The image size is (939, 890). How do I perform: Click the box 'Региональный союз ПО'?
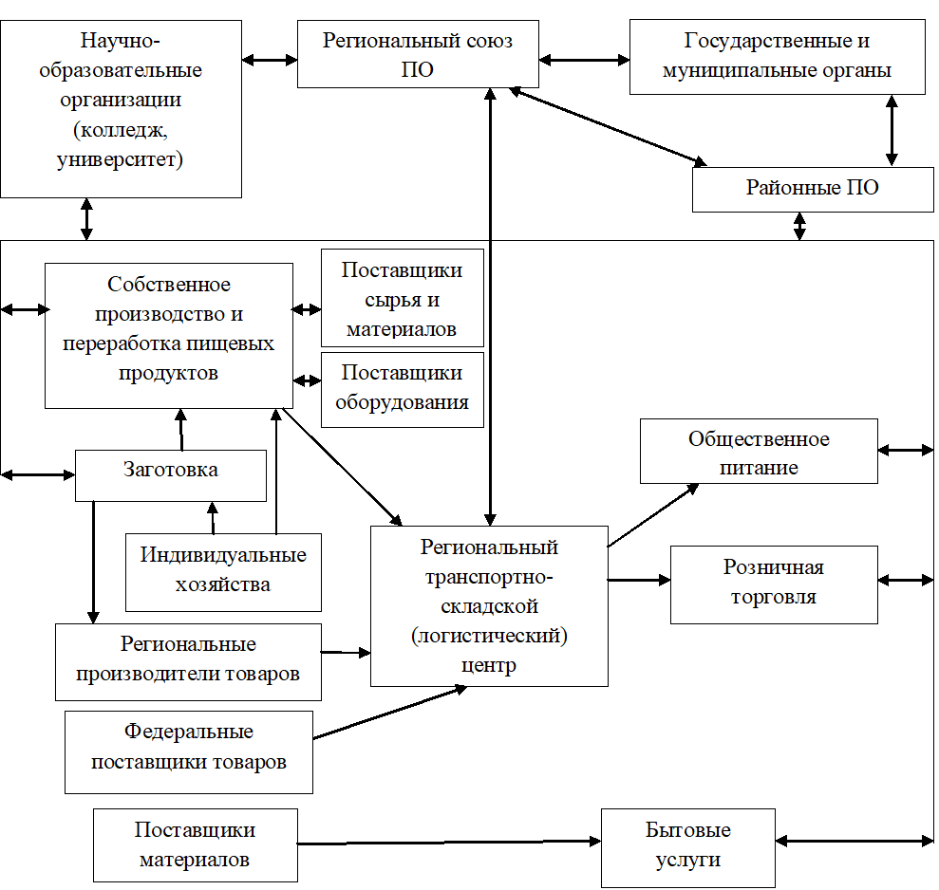pos(418,55)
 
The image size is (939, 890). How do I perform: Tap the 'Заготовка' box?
pos(170,474)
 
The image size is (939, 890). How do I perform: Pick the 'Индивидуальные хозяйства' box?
pos(223,571)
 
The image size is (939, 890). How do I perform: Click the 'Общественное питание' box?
pos(759,453)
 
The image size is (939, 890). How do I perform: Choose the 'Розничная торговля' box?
pos(775,583)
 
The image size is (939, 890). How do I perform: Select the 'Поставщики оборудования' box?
pos(403,389)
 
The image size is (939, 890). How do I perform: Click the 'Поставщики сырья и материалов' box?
pos(402,298)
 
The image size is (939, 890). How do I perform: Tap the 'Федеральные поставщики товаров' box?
pos(188,751)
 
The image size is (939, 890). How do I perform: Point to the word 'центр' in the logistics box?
pos(488,665)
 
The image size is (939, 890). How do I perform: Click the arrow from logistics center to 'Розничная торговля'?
pos(639,579)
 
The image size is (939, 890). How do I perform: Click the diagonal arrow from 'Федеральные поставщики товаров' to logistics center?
pos(389,712)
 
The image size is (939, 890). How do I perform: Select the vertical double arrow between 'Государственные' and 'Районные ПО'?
pos(891,130)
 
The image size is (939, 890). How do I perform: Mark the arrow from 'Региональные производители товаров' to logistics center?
pos(346,652)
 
